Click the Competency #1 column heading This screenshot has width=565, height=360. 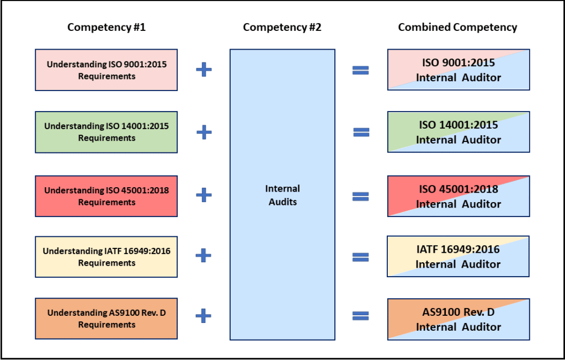pyautogui.click(x=106, y=27)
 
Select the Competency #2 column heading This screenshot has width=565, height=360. pyautogui.click(x=282, y=27)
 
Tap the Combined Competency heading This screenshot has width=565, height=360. pyautogui.click(x=457, y=27)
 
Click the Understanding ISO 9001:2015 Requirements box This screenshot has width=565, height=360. pyautogui.click(x=106, y=70)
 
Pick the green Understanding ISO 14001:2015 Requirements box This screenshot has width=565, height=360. pyautogui.click(x=106, y=132)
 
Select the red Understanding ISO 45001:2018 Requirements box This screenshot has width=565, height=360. pyautogui.click(x=106, y=196)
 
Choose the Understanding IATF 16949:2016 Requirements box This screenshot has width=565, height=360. pyautogui.click(x=106, y=257)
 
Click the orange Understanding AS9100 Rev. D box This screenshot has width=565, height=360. pyautogui.click(x=106, y=319)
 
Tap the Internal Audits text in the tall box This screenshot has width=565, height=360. pyautogui.click(x=282, y=195)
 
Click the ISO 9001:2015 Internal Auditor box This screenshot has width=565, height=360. pyautogui.click(x=459, y=70)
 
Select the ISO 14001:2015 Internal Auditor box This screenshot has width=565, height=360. pyautogui.click(x=459, y=132)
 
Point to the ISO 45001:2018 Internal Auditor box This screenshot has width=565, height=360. pyautogui.click(x=459, y=196)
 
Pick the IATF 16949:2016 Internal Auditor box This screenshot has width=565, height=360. pyautogui.click(x=459, y=257)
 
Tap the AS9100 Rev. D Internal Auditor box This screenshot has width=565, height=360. pyautogui.click(x=459, y=319)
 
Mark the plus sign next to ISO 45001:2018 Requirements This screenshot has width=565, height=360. pyautogui.click(x=204, y=195)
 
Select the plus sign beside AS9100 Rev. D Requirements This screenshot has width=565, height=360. pyautogui.click(x=204, y=316)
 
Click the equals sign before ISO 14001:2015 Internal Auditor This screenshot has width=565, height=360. pyautogui.click(x=361, y=133)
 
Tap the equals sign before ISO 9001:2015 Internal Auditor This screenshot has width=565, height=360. pyautogui.click(x=360, y=71)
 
